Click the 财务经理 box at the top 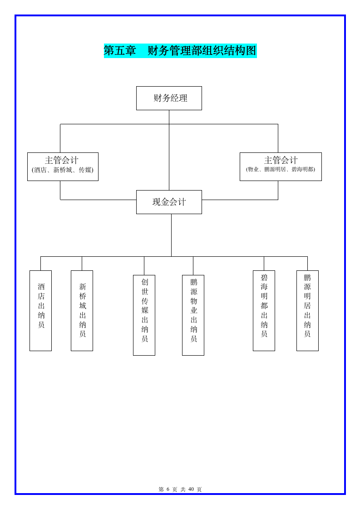(x=169, y=98)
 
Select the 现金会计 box (x=169, y=202)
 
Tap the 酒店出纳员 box (x=40, y=310)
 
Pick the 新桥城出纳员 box (x=82, y=310)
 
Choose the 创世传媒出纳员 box (x=144, y=315)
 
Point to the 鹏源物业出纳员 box (x=193, y=315)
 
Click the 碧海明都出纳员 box (x=264, y=310)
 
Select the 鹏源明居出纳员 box (x=307, y=310)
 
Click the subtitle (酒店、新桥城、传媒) (x=63, y=170)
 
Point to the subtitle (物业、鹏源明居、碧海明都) (x=281, y=170)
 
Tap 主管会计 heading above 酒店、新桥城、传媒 (x=62, y=160)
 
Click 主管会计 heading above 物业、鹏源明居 (x=281, y=160)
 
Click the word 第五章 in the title (x=120, y=51)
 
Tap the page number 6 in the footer (x=168, y=489)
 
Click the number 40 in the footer (x=191, y=489)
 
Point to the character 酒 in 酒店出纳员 (x=41, y=287)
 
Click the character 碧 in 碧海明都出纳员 (x=264, y=278)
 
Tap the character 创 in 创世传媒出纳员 (x=144, y=282)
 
